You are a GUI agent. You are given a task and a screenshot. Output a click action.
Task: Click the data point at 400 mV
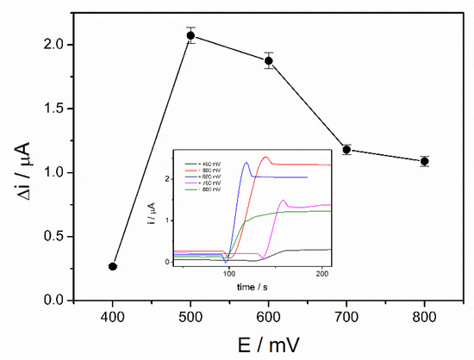113,267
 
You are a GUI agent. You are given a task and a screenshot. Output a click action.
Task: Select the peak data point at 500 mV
190,35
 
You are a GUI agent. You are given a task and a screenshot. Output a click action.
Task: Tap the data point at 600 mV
269,60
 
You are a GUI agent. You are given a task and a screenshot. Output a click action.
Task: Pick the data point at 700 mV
346,150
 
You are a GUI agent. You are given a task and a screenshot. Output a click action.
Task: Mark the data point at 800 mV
424,161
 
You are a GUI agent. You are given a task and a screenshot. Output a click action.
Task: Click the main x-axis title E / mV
269,344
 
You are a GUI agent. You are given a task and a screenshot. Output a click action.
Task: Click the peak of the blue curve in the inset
246,162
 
